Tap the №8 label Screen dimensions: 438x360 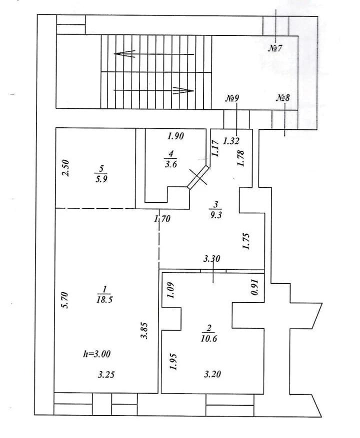click(282, 98)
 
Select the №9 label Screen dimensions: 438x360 click(231, 98)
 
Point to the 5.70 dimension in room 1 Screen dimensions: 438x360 click(70, 301)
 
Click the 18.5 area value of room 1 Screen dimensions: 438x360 click(104, 299)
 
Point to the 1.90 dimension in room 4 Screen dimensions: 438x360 click(175, 136)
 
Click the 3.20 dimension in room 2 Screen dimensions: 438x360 click(213, 374)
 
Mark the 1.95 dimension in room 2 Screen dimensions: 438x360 click(172, 361)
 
